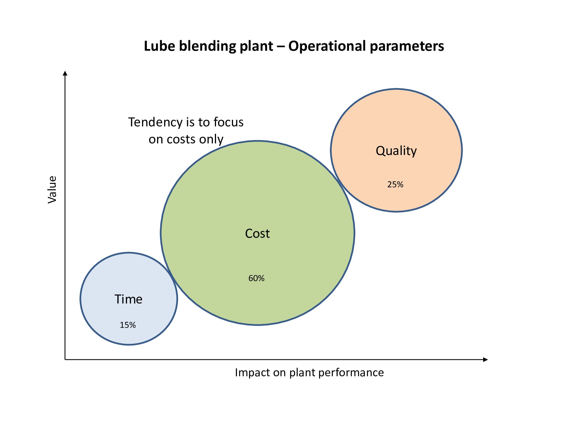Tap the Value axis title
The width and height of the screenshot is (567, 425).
52,189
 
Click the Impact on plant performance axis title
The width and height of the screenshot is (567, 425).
309,372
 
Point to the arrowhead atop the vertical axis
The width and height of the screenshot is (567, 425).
65,73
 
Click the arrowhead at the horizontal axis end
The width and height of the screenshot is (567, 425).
485,360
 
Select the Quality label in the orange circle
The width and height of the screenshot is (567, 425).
396,151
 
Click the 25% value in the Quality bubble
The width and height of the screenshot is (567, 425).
395,184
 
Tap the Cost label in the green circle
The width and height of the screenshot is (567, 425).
257,233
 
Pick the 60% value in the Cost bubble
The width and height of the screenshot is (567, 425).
256,278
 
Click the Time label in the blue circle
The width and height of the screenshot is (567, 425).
128,299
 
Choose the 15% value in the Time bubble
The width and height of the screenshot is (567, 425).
128,325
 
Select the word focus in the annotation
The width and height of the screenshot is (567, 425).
228,122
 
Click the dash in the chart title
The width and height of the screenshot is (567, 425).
280,46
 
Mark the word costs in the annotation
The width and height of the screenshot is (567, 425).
181,139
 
